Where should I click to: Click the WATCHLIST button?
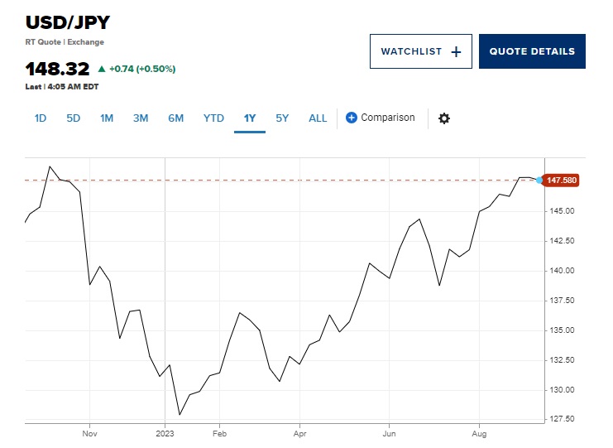[x=420, y=51]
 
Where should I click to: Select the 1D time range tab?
[x=41, y=118]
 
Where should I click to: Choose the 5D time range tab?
[x=74, y=118]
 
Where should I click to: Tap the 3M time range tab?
[x=141, y=118]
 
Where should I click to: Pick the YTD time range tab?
[x=213, y=118]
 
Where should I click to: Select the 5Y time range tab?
[x=282, y=118]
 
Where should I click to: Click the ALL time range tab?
[x=318, y=118]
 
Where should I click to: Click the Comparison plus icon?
[x=351, y=118]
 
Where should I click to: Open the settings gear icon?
[x=444, y=118]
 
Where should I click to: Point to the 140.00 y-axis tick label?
[x=562, y=271]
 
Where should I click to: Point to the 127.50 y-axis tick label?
[x=562, y=419]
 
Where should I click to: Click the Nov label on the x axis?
[x=90, y=432]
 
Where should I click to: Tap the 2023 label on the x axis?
[x=165, y=432]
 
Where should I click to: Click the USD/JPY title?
[x=67, y=22]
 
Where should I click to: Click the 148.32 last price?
[x=57, y=69]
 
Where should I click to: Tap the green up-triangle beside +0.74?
[x=102, y=69]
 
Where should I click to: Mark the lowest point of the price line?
[x=180, y=414]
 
